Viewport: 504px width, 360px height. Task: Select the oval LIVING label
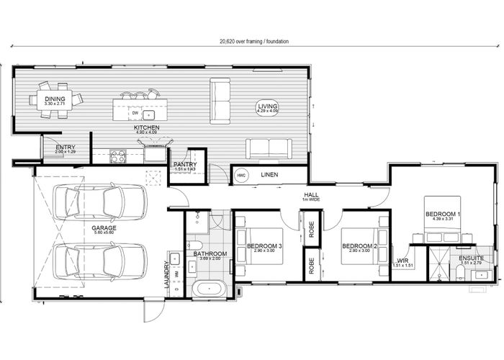[x=268, y=109]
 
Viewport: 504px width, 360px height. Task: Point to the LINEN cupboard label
[x=270, y=174]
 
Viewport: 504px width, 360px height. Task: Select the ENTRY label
[x=66, y=149]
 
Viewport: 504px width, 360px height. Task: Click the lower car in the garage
[x=100, y=261]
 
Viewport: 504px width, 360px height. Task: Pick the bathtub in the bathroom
[x=209, y=290]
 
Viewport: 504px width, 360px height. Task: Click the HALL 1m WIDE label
[x=311, y=195]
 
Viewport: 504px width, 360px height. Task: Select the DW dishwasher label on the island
[x=135, y=113]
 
